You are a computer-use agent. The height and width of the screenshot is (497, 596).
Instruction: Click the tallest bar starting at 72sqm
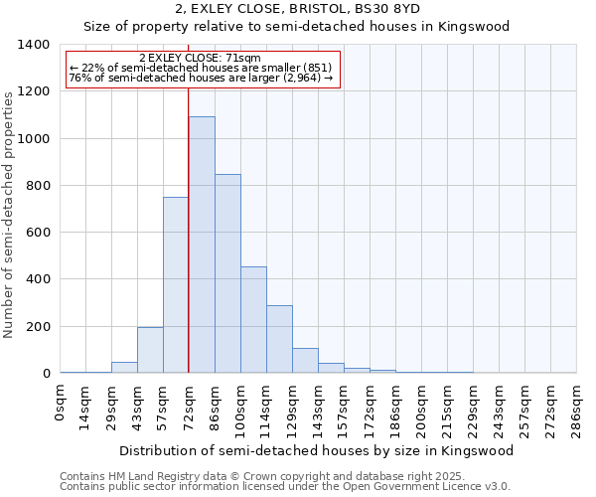click(x=202, y=245)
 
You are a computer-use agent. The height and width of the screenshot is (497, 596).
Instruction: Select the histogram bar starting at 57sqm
click(x=176, y=285)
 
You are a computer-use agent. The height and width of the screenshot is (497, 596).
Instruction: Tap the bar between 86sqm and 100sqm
click(x=227, y=273)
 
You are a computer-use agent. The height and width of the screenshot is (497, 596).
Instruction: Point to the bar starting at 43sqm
click(x=150, y=350)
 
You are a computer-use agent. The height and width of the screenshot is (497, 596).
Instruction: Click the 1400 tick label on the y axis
click(x=34, y=45)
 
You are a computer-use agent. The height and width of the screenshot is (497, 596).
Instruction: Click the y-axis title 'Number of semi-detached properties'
click(x=10, y=214)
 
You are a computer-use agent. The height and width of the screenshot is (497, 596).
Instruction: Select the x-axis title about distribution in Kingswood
click(x=318, y=450)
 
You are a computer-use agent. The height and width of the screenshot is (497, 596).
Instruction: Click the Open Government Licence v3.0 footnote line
click(x=285, y=486)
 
